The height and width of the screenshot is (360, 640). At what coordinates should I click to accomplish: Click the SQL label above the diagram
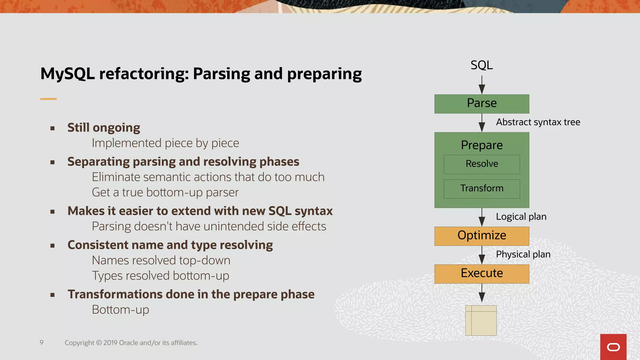(482, 65)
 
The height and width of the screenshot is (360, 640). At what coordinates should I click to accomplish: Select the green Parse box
(482, 104)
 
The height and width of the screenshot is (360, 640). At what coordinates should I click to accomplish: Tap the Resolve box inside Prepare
(482, 164)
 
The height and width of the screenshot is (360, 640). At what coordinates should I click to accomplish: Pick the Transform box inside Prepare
(482, 188)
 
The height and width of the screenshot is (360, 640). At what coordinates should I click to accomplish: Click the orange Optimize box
(482, 236)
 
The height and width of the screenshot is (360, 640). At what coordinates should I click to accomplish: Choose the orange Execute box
(482, 274)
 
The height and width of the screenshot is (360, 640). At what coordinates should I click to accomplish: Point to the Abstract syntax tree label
(538, 122)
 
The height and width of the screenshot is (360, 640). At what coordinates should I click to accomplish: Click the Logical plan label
(521, 217)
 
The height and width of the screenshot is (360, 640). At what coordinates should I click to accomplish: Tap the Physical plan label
(523, 254)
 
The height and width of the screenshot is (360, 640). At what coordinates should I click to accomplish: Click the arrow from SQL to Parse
(482, 85)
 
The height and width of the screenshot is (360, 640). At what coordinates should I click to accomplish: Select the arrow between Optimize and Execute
(482, 255)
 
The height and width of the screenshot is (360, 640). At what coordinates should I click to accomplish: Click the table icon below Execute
(481, 321)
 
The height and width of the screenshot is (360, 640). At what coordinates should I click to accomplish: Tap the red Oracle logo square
(613, 347)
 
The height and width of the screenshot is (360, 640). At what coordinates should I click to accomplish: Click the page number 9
(42, 342)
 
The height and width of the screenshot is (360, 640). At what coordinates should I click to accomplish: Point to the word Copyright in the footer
(79, 343)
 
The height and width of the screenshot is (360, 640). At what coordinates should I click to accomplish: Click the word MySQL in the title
(67, 74)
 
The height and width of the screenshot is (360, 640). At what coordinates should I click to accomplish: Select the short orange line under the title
(48, 99)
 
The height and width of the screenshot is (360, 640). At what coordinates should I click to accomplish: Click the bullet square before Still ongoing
(52, 128)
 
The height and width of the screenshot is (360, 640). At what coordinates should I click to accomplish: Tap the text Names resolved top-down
(161, 260)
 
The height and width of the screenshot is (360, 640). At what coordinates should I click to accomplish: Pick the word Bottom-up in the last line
(120, 310)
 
